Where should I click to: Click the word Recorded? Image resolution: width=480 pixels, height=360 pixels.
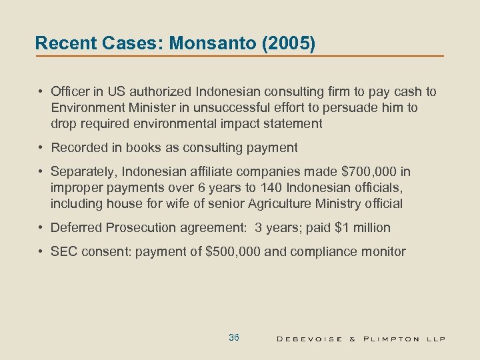77,147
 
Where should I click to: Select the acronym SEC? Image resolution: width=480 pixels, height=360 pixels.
63,251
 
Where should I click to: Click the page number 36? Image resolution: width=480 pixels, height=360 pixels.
233,338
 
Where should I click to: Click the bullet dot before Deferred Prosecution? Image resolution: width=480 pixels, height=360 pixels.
41,227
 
